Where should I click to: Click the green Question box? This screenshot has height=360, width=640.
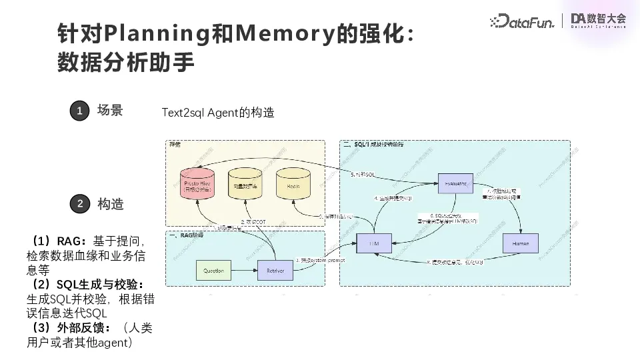click(213, 271)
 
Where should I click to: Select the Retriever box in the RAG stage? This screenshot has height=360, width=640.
click(275, 271)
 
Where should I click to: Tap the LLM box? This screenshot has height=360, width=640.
click(376, 244)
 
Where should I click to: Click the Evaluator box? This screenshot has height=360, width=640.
click(459, 182)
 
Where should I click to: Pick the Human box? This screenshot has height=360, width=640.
click(521, 244)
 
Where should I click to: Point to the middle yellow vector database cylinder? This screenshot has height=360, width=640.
click(245, 182)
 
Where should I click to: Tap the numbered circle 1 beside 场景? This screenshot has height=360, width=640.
click(79, 111)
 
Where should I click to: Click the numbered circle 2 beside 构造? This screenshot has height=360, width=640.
click(79, 204)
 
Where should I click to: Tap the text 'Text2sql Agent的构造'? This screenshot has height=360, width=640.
click(218, 113)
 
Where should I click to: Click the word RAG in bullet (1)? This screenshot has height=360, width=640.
click(69, 241)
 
